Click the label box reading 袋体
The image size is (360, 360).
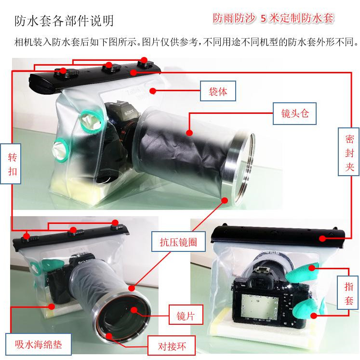[218, 91]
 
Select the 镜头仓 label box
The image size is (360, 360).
[294, 113]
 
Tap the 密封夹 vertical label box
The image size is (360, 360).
[348, 152]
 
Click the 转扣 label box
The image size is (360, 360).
[11, 164]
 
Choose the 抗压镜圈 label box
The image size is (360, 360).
[178, 242]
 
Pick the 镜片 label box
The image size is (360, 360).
[186, 315]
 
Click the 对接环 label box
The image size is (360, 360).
[172, 346]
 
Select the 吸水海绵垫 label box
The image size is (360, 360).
[39, 344]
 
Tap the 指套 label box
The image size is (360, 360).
[348, 293]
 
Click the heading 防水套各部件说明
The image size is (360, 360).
[64, 21]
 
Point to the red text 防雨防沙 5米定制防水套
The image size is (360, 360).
[273, 18]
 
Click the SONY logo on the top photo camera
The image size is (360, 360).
[129, 112]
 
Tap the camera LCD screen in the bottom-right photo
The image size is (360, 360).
[260, 307]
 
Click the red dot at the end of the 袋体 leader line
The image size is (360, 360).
[153, 91]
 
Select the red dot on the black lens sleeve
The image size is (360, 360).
[189, 133]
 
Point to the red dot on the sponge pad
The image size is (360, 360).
[52, 306]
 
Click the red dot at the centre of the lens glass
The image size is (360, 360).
[134, 310]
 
